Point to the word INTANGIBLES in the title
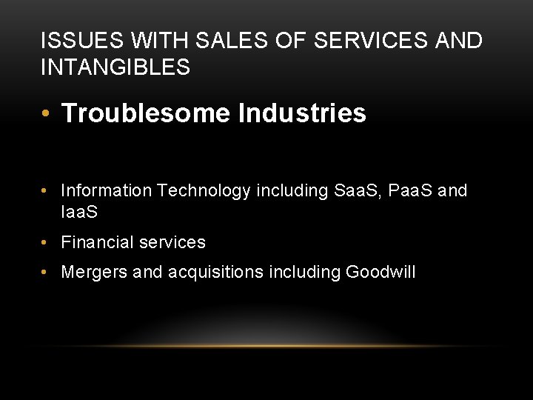click(x=115, y=68)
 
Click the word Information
click(x=107, y=191)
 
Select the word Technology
click(x=204, y=191)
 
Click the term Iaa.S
click(x=80, y=212)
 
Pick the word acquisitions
click(x=215, y=272)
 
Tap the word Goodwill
click(x=380, y=272)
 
